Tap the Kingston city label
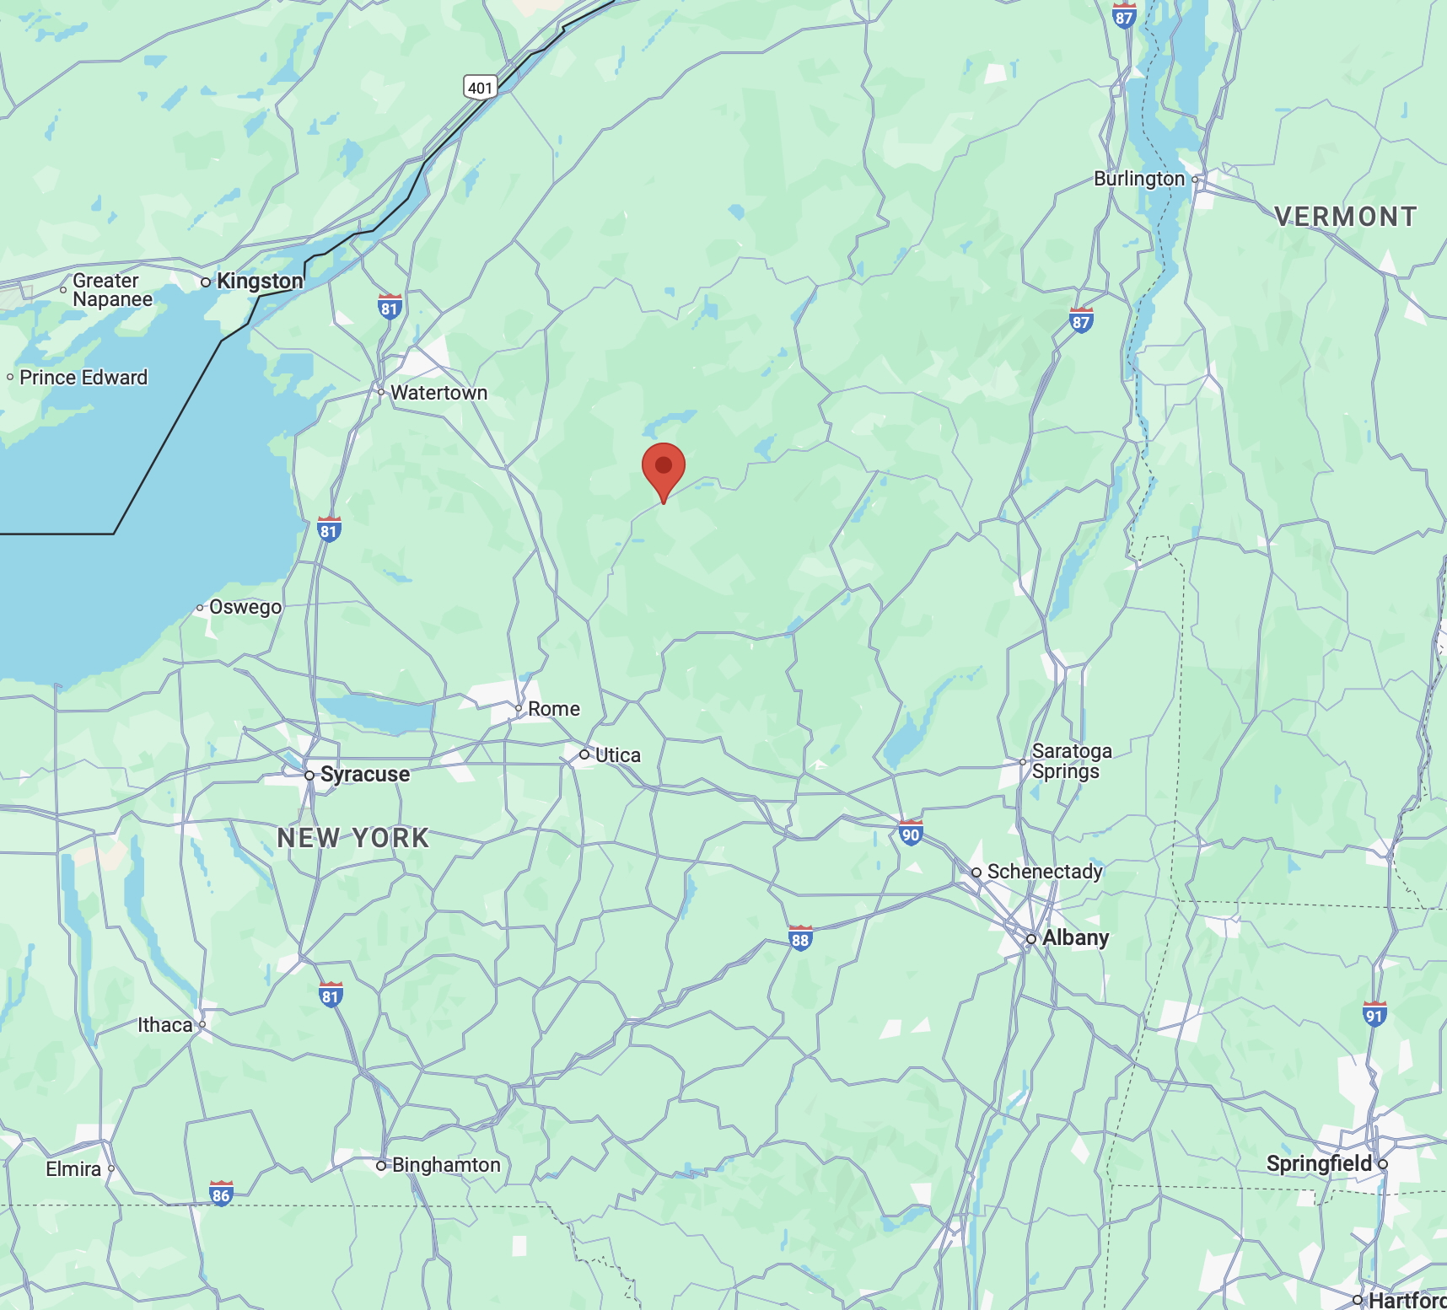[259, 282]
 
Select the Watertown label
[438, 393]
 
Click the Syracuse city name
[364, 775]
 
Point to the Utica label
[617, 755]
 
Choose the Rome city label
[553, 709]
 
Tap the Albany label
[1075, 938]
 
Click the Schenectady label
[1045, 872]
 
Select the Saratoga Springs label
[1071, 761]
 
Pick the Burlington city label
[1139, 179]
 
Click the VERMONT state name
[1346, 217]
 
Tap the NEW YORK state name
[353, 838]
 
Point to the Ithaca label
[165, 1025]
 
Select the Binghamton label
[446, 1165]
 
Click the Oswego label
[245, 607]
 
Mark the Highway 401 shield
[480, 87]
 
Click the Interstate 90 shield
[911, 834]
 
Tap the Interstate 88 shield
[800, 938]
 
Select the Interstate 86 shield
[221, 1194]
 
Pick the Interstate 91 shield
[1374, 1014]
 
